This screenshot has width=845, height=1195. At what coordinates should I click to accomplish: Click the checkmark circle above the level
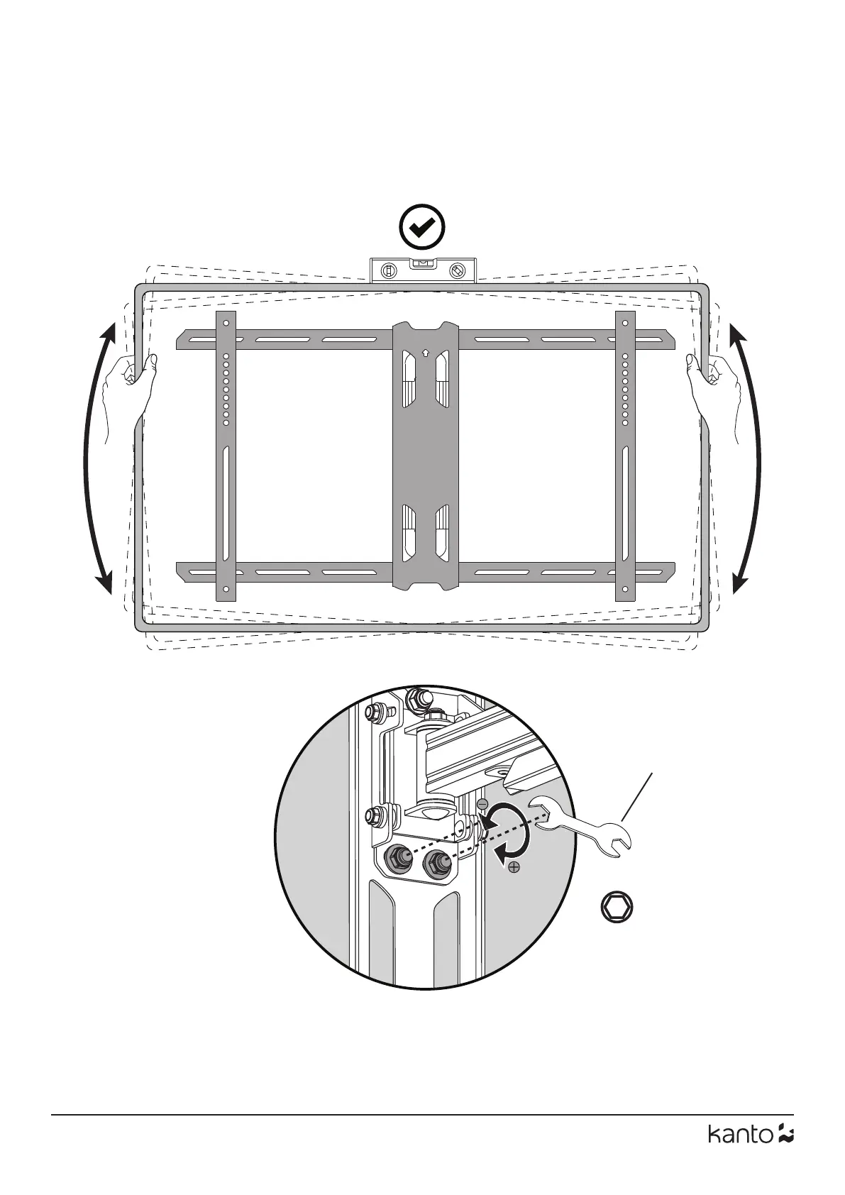click(422, 228)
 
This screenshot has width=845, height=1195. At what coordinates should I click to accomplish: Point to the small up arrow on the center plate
click(425, 351)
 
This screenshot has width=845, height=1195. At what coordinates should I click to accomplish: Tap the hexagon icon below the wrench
click(616, 908)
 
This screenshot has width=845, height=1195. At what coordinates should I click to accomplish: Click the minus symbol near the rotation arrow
click(482, 805)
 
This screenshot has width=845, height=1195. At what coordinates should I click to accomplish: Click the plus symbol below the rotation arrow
click(514, 867)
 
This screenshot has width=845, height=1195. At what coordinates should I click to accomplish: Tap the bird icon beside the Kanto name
click(785, 1154)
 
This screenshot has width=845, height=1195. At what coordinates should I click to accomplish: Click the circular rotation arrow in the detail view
click(511, 835)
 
